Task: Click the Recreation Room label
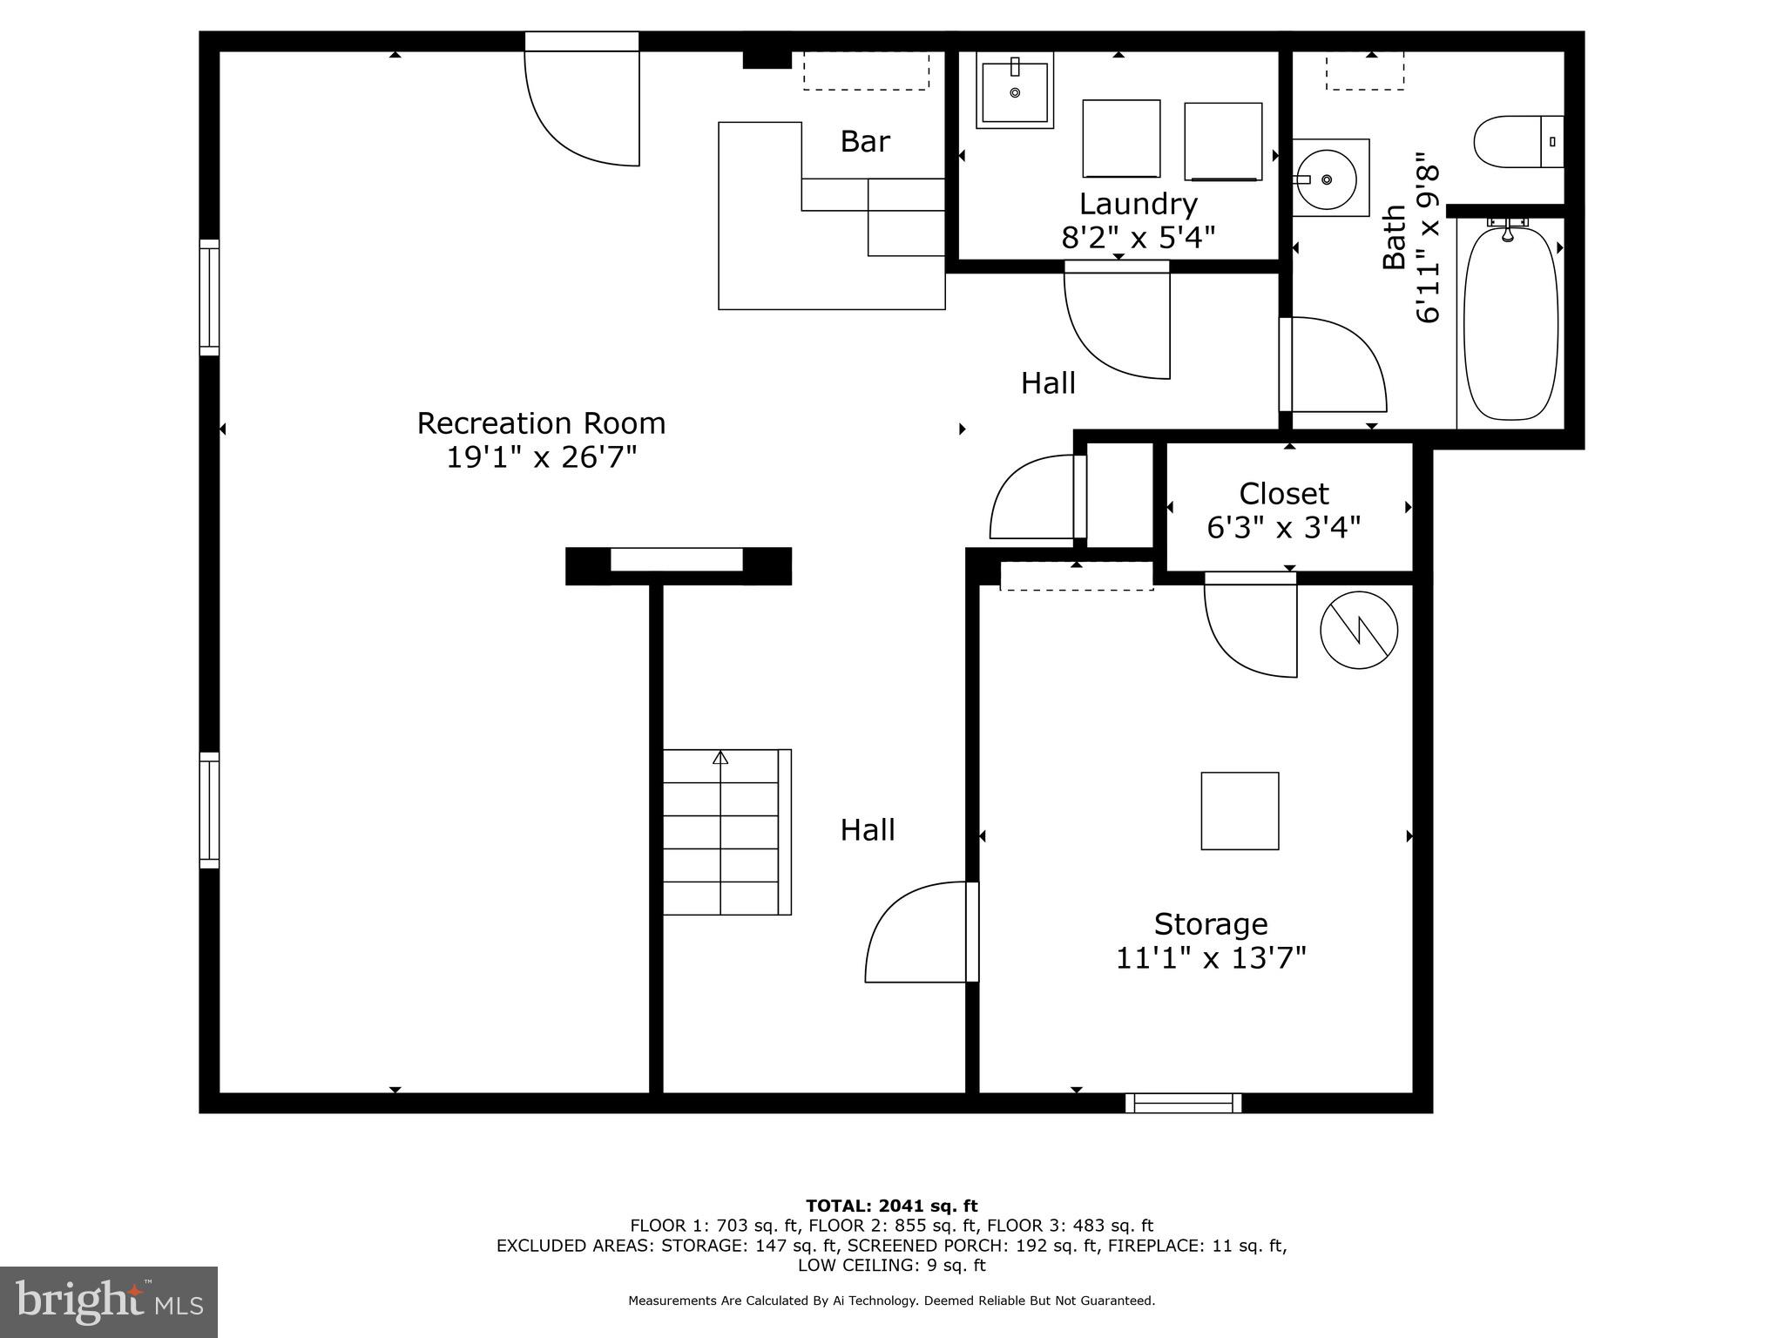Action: tap(541, 423)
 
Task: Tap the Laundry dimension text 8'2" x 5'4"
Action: tap(1138, 237)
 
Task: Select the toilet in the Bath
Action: tap(1517, 142)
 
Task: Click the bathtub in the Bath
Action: tap(1510, 323)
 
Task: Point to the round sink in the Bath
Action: tap(1326, 179)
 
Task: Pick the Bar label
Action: tap(864, 141)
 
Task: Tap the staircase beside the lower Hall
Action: tap(726, 832)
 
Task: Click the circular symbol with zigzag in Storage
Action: tap(1358, 631)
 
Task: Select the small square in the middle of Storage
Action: tap(1240, 811)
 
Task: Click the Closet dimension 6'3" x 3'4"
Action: tap(1283, 527)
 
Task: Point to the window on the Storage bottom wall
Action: tap(1183, 1103)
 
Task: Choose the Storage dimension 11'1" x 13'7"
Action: tap(1211, 958)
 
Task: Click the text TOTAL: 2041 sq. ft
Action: tap(891, 1206)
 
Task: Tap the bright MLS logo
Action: tap(108, 1301)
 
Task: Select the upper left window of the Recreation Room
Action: tap(209, 297)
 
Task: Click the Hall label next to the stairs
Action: tap(867, 830)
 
